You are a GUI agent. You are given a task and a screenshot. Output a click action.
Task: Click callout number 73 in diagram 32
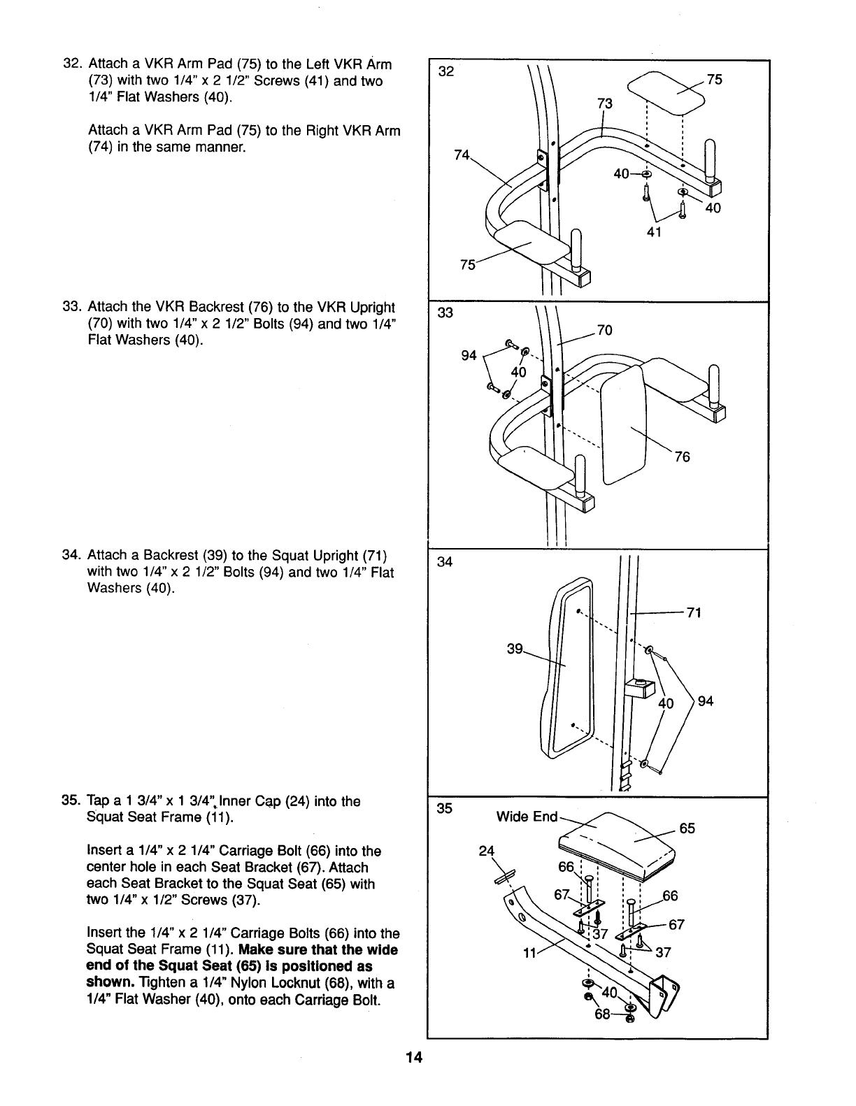pyautogui.click(x=604, y=104)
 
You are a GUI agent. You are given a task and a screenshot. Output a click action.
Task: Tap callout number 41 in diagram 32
pyautogui.click(x=653, y=232)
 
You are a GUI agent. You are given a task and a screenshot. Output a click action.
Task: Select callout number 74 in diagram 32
pyautogui.click(x=462, y=156)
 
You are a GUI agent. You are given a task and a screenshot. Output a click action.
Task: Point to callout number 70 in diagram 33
pyautogui.click(x=605, y=330)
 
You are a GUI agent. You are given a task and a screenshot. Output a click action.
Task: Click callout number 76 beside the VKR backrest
pyautogui.click(x=682, y=457)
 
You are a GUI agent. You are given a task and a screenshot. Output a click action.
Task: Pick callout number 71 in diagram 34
pyautogui.click(x=693, y=613)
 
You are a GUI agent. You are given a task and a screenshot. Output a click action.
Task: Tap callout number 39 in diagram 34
pyautogui.click(x=515, y=649)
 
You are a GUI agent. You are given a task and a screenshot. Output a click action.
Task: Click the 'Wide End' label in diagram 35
pyautogui.click(x=527, y=817)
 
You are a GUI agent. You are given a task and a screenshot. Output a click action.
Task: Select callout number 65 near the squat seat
pyautogui.click(x=687, y=828)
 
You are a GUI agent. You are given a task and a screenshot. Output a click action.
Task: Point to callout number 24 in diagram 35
pyautogui.click(x=486, y=851)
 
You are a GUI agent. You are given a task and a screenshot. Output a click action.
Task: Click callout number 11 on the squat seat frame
pyautogui.click(x=532, y=953)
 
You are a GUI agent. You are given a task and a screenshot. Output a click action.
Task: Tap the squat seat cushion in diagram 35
pyautogui.click(x=622, y=846)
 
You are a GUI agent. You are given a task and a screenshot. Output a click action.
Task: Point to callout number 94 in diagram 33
pyautogui.click(x=469, y=356)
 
